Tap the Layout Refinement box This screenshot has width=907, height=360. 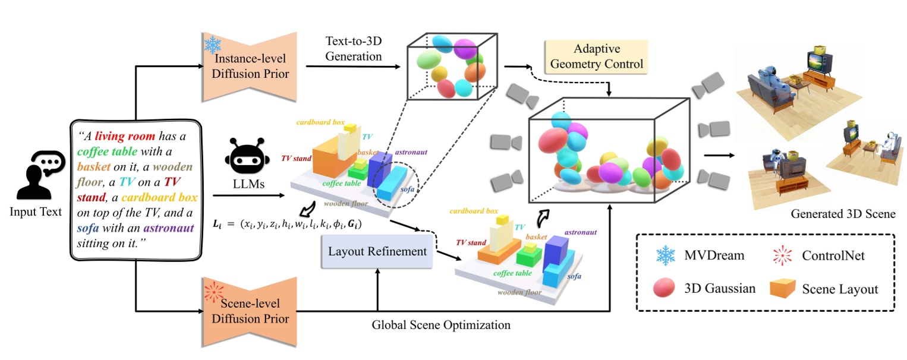click(378, 251)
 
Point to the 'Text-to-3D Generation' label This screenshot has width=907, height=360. click(354, 49)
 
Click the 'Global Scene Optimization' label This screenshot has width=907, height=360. click(441, 325)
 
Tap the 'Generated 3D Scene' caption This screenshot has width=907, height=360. click(843, 214)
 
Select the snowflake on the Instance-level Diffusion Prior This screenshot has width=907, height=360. click(212, 45)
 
